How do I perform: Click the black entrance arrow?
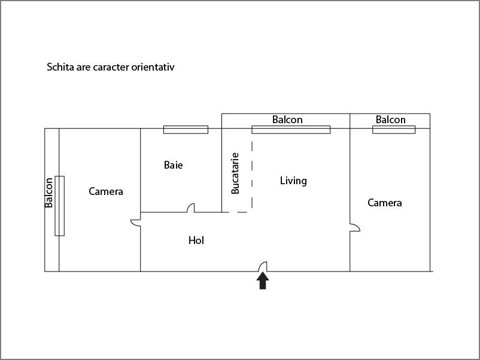click(263, 281)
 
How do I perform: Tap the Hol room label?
click(196, 240)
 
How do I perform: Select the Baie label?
click(173, 165)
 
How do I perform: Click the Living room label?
click(293, 181)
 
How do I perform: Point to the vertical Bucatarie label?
click(235, 173)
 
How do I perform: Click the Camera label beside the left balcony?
click(106, 191)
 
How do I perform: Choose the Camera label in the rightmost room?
click(385, 203)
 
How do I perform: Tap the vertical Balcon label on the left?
click(49, 193)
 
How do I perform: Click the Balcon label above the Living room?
click(287, 120)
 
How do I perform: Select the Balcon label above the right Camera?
click(391, 120)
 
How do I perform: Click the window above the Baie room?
click(186, 130)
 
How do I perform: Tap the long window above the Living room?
click(291, 130)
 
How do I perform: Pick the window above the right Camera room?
click(394, 130)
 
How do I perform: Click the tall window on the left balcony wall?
click(60, 206)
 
